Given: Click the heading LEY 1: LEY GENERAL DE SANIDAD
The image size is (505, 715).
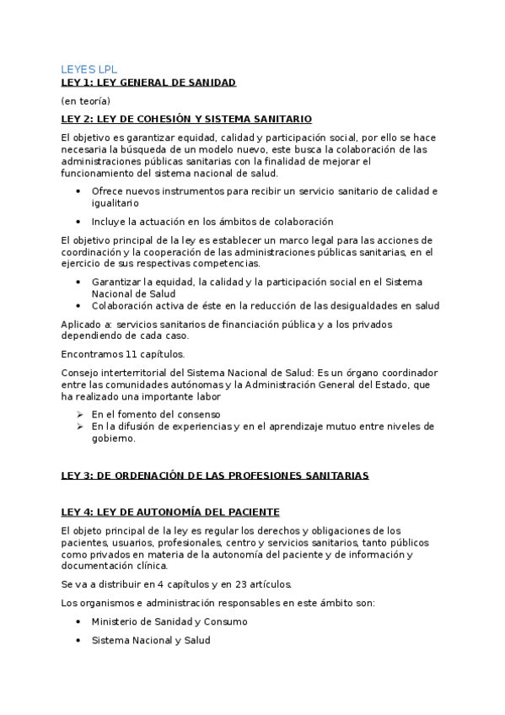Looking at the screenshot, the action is [148, 82].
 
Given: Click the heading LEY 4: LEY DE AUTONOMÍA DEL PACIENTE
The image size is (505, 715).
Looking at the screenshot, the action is [170, 512].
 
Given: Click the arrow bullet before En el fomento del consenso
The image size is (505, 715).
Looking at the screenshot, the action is [78, 414].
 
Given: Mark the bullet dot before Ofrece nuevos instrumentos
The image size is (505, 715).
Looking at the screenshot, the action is [78, 191].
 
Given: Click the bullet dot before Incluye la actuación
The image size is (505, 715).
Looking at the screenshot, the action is [78, 222].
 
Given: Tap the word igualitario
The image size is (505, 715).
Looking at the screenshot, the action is [116, 203].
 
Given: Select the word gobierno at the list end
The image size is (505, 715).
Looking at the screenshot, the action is [114, 438].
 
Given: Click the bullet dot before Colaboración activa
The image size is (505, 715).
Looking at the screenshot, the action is [78, 305].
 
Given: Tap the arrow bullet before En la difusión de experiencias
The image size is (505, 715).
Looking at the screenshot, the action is [78, 427].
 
